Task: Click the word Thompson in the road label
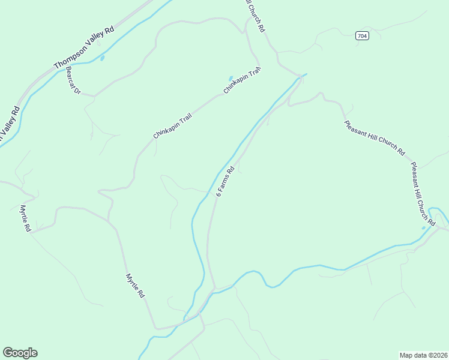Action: pos(68,56)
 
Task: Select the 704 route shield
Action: pos(361,36)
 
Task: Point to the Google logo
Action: pos(20,353)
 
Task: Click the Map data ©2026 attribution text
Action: pos(423,355)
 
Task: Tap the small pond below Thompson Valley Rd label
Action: pos(102,58)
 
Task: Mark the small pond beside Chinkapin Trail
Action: pos(230,79)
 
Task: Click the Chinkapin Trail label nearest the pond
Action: pos(243,80)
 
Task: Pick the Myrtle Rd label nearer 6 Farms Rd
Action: pos(135,286)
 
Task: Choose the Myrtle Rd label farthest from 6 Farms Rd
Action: pos(25,218)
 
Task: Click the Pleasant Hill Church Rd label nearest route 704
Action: pos(375,138)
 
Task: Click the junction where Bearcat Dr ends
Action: pos(94,95)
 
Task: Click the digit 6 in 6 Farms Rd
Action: pos(217,195)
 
